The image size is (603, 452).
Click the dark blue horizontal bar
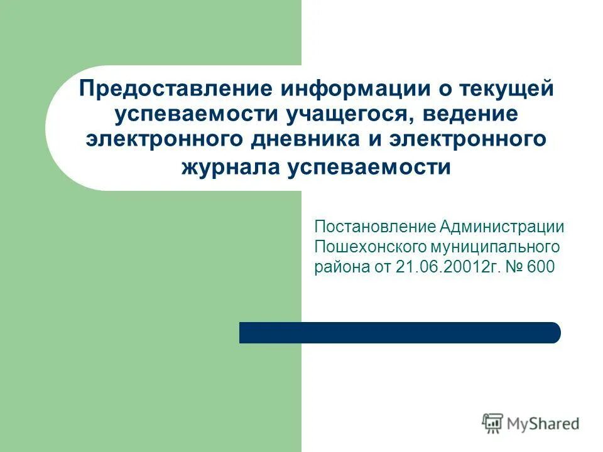[x=399, y=333]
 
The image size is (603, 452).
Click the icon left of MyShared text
[x=492, y=424]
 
